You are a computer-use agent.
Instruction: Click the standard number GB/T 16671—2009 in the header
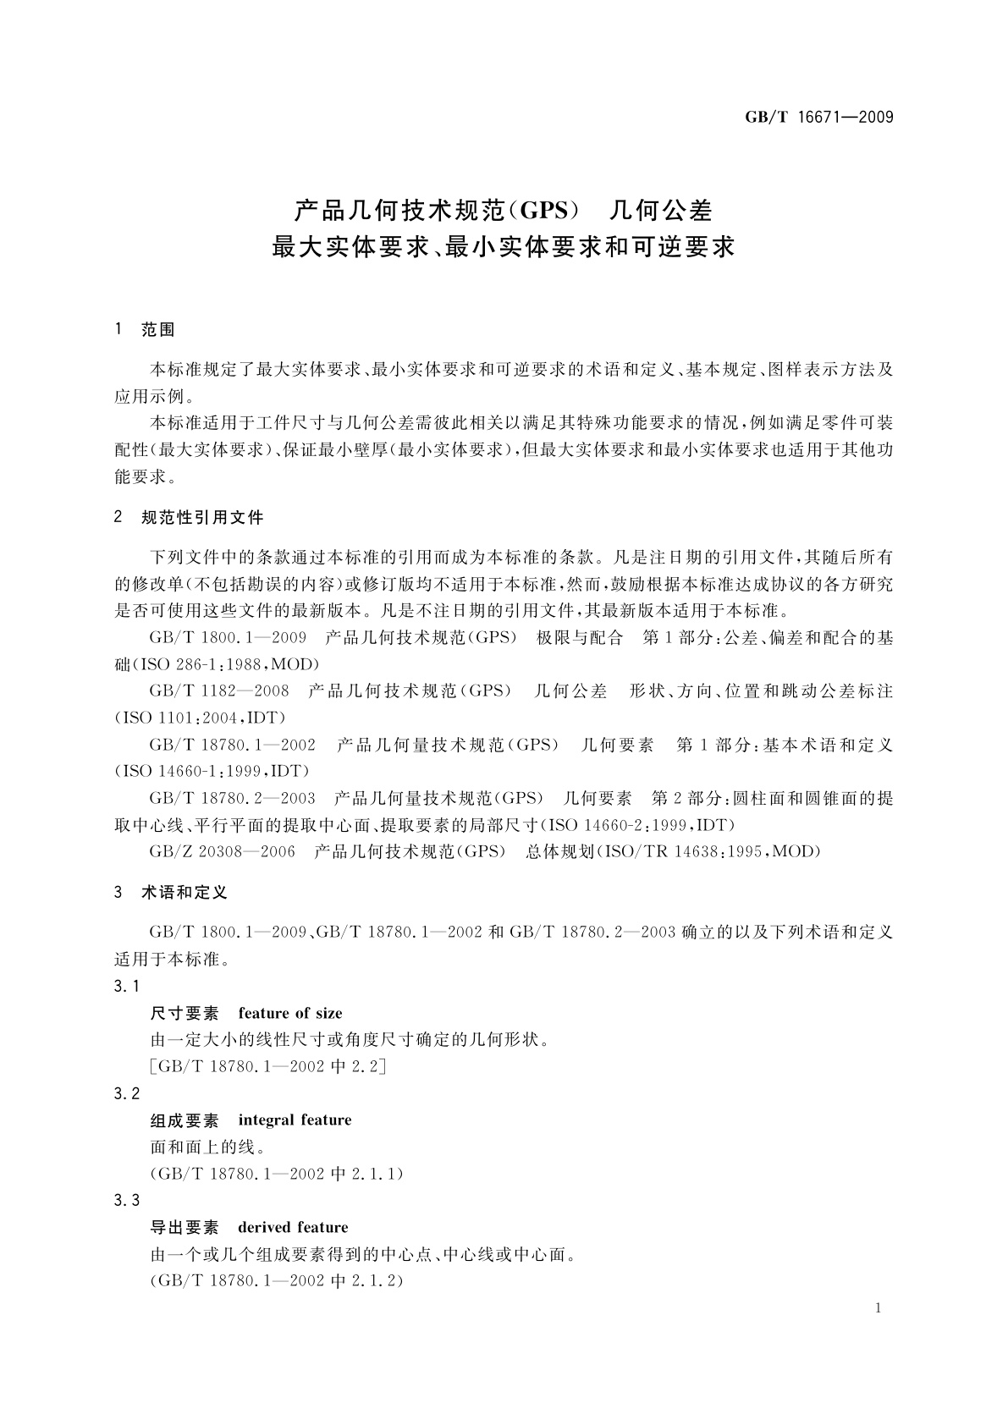pyautogui.click(x=818, y=117)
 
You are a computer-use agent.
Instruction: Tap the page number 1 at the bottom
pyautogui.click(x=878, y=1308)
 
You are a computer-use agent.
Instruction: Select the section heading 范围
pyautogui.click(x=158, y=330)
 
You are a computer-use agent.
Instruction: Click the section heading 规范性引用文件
pyautogui.click(x=202, y=517)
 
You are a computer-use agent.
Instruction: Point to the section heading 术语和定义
pyautogui.click(x=185, y=892)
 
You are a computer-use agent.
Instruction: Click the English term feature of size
pyautogui.click(x=290, y=1013)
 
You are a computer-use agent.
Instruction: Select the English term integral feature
pyautogui.click(x=295, y=1120)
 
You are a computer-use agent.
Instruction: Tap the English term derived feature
pyautogui.click(x=293, y=1227)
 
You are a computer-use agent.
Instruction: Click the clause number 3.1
pyautogui.click(x=126, y=986)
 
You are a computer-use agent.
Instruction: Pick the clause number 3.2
pyautogui.click(x=126, y=1093)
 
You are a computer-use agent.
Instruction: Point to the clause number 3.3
pyautogui.click(x=126, y=1200)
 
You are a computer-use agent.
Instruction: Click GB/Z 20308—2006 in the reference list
pyautogui.click(x=222, y=851)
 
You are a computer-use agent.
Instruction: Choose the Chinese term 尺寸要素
pyautogui.click(x=184, y=1013)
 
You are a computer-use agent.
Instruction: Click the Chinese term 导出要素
pyautogui.click(x=184, y=1227)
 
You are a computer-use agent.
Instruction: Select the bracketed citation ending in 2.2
pyautogui.click(x=267, y=1066)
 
